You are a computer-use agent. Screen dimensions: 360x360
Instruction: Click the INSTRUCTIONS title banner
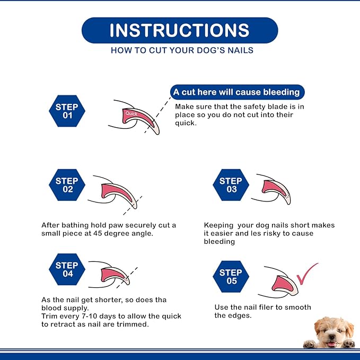click(180, 30)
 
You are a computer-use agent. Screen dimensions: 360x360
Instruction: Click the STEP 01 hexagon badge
click(67, 111)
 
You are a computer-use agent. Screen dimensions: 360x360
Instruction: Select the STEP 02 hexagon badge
click(67, 185)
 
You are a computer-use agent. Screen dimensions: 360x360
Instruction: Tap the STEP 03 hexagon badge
click(231, 185)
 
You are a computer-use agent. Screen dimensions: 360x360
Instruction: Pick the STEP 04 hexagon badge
click(67, 270)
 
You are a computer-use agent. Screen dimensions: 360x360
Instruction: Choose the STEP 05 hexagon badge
click(231, 277)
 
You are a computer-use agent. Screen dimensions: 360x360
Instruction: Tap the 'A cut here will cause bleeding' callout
click(236, 92)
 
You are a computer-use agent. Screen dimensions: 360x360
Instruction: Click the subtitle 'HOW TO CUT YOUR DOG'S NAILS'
click(182, 51)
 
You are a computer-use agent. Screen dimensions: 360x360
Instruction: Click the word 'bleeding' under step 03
click(219, 242)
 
